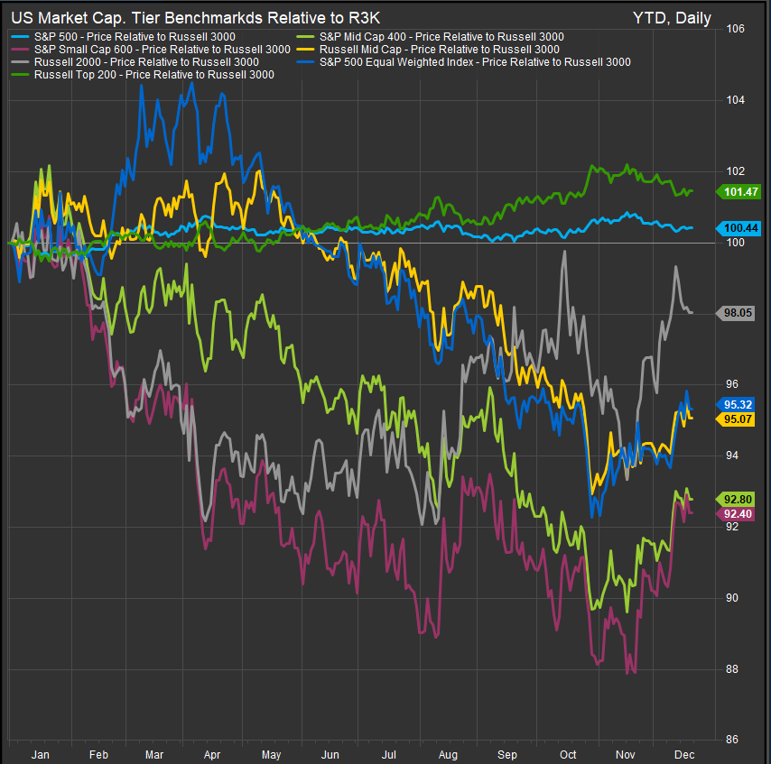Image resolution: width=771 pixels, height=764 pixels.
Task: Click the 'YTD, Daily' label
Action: (x=672, y=18)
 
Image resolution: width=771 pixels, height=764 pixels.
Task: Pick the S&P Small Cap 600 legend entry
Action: (x=148, y=49)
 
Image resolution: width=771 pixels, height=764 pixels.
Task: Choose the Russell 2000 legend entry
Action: (x=145, y=62)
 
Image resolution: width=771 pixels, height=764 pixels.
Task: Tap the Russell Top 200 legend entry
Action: (x=153, y=75)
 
